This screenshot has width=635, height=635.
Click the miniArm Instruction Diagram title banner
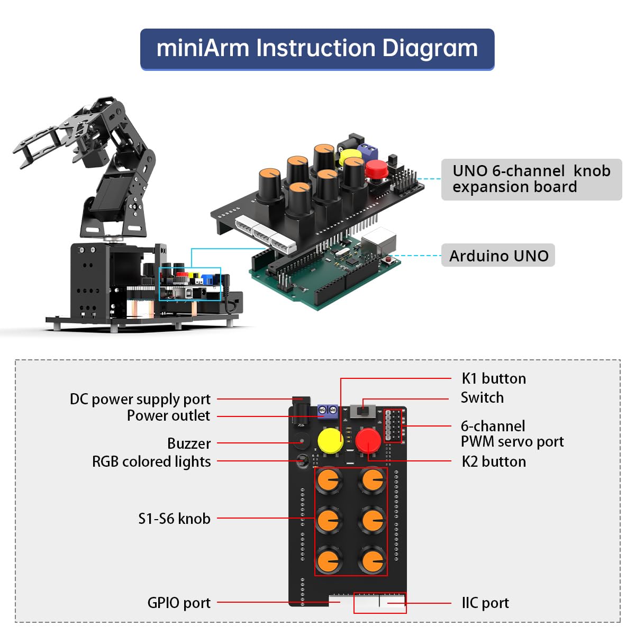click(x=317, y=49)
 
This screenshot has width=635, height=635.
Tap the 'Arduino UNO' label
click(x=498, y=256)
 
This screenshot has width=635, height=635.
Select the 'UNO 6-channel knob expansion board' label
click(x=531, y=179)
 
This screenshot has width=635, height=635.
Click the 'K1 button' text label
click(x=494, y=378)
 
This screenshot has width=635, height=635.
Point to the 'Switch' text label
click(x=482, y=397)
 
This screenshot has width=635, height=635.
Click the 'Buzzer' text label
click(x=189, y=443)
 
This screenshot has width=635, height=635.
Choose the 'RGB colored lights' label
click(x=151, y=461)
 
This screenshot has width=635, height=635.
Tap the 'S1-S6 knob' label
click(x=174, y=519)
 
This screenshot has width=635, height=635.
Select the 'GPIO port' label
click(x=179, y=603)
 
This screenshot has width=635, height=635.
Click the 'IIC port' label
click(x=485, y=603)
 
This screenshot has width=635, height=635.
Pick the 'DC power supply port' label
click(x=140, y=399)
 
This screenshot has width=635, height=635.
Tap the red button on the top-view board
click(x=368, y=440)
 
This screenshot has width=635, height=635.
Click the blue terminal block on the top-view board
click(x=328, y=410)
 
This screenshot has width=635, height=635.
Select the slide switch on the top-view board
click(x=363, y=411)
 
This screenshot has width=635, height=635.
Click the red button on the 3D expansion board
click(x=376, y=169)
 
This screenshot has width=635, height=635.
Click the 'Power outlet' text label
click(x=168, y=416)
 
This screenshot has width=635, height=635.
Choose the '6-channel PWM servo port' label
click(x=512, y=433)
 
